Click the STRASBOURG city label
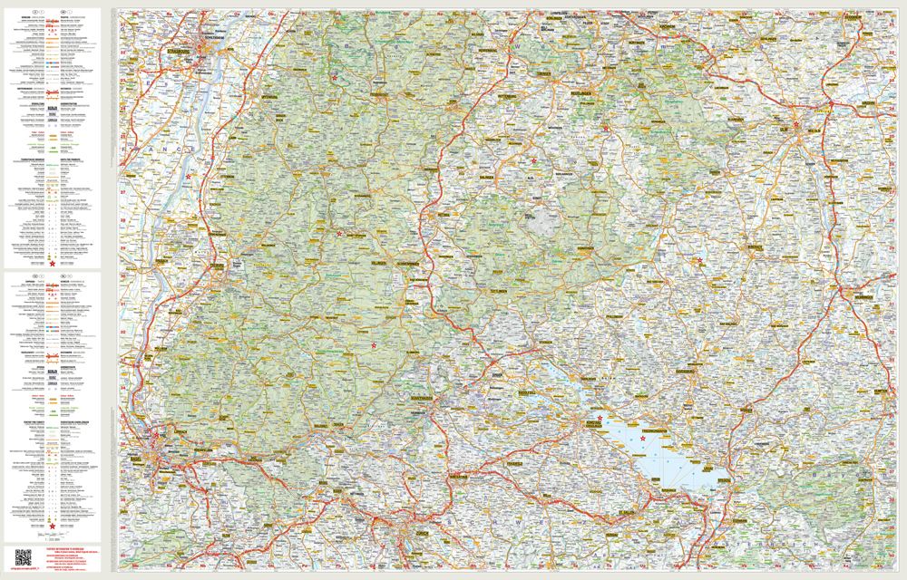178,53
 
